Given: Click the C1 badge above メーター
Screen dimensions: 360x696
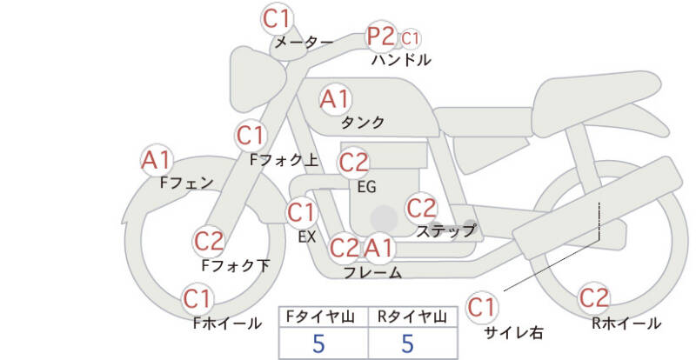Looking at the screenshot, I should coord(278,18).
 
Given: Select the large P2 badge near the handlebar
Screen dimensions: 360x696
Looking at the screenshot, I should coord(381,37).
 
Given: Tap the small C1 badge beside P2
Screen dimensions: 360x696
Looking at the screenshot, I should coord(411,38).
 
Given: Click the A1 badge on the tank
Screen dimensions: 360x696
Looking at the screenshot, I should coord(335,98).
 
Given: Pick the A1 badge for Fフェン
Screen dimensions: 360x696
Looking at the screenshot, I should coord(157,160).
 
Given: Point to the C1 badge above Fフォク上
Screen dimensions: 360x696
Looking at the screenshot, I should coord(251,135).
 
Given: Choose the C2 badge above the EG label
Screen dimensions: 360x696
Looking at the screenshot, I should coord(353,162).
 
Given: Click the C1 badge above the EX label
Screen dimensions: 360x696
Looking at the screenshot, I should coord(302,211).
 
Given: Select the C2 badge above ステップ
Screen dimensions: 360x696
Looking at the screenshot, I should coord(422,208).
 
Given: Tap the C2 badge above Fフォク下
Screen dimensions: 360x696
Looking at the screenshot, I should coord(210,240).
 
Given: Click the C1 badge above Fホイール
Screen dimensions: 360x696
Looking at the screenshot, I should coord(198,300).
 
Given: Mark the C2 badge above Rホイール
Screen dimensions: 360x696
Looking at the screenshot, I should coord(594,298).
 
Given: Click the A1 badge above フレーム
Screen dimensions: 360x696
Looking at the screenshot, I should coord(378,249).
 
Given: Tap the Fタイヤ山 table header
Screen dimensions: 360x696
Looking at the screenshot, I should coord(323,317).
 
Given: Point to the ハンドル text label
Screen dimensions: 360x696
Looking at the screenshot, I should coord(401,61).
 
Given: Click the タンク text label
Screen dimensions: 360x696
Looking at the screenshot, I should coord(364,123).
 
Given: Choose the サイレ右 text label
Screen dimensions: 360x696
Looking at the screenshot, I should coord(514,331).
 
